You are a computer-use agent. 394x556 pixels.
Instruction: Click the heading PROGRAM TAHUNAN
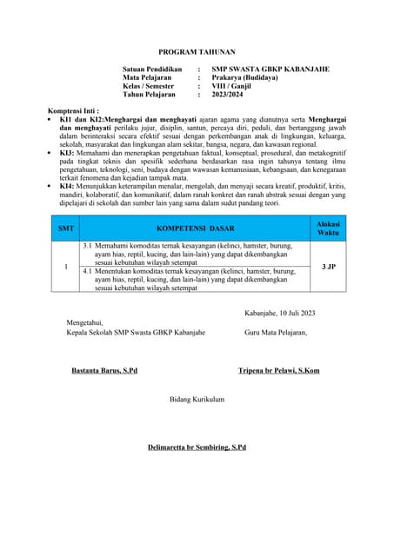197,53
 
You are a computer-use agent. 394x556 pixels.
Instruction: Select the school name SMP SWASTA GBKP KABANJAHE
270,69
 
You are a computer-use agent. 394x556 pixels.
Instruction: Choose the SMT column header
65,228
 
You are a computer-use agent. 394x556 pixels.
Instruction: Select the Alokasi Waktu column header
328,228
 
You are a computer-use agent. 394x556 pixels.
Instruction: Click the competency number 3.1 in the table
87,247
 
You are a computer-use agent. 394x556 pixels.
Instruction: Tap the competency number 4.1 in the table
87,271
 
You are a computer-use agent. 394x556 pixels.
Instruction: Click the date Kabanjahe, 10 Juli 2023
279,313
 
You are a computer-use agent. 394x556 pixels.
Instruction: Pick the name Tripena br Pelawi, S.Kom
278,371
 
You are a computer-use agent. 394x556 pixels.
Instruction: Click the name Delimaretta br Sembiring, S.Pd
197,447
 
